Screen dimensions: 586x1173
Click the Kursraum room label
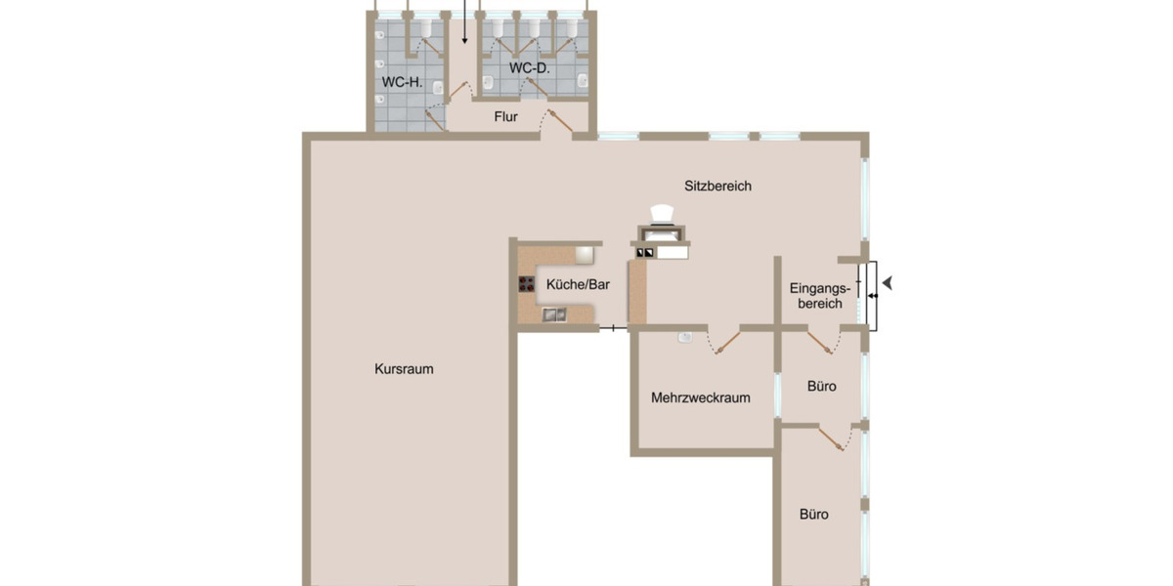pos(404,369)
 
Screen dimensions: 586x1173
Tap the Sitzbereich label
pos(717,186)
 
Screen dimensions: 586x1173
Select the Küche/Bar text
pos(578,284)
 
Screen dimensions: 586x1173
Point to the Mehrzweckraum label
pos(701,398)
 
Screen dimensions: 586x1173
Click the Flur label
pos(505,118)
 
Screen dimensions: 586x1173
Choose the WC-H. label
pos(402,82)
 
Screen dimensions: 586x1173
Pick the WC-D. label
pos(529,68)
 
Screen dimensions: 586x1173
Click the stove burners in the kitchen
pos(526,284)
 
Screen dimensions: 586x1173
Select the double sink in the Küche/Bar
pos(554,314)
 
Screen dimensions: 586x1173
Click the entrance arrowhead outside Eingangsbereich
pos(888,283)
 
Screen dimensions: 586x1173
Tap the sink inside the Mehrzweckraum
pos(686,338)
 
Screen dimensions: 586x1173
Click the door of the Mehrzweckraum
pos(724,341)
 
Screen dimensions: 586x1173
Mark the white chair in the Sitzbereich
pos(664,214)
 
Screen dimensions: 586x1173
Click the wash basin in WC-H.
pos(381,102)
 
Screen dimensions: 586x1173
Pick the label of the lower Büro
pos(814,514)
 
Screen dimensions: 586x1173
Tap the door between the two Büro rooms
pos(832,438)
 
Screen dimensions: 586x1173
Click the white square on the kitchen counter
pos(584,255)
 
